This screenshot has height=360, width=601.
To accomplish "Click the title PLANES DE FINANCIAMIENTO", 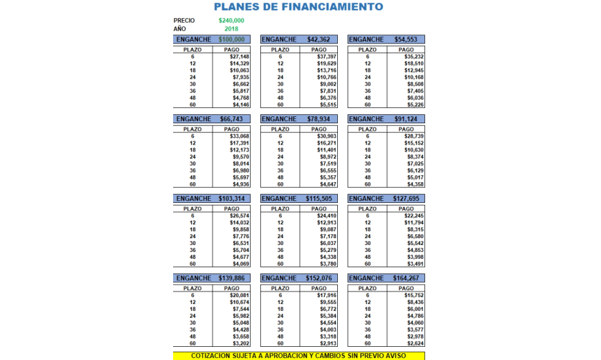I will (x=298, y=7).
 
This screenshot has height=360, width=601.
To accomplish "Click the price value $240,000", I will (x=231, y=21).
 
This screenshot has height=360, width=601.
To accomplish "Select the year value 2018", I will (x=231, y=29).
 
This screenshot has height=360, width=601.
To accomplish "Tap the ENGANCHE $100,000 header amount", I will (x=231, y=39).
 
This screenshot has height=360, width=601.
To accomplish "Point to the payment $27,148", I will (x=240, y=57).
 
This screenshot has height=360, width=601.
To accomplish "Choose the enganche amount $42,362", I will (x=321, y=39).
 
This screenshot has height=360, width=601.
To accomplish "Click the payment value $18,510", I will (x=413, y=64).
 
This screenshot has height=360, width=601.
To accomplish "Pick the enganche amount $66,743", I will (x=231, y=119).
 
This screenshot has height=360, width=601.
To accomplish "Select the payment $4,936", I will (x=240, y=184).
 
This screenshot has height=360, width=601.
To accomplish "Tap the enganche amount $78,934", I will (x=321, y=119).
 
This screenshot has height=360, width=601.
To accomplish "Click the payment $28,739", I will (x=413, y=136).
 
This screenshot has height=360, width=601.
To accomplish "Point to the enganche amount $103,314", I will (x=231, y=199).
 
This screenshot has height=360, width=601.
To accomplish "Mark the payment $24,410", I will (x=326, y=216).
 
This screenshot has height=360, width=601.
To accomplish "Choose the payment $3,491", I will (x=414, y=264).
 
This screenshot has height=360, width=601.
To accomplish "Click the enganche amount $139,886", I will (x=231, y=278).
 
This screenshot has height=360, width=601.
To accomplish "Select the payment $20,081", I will (x=240, y=296).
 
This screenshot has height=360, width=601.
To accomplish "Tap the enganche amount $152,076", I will (x=321, y=278).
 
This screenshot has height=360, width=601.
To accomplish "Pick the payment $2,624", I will (x=414, y=343).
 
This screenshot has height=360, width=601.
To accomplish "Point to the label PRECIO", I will (x=184, y=21).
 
